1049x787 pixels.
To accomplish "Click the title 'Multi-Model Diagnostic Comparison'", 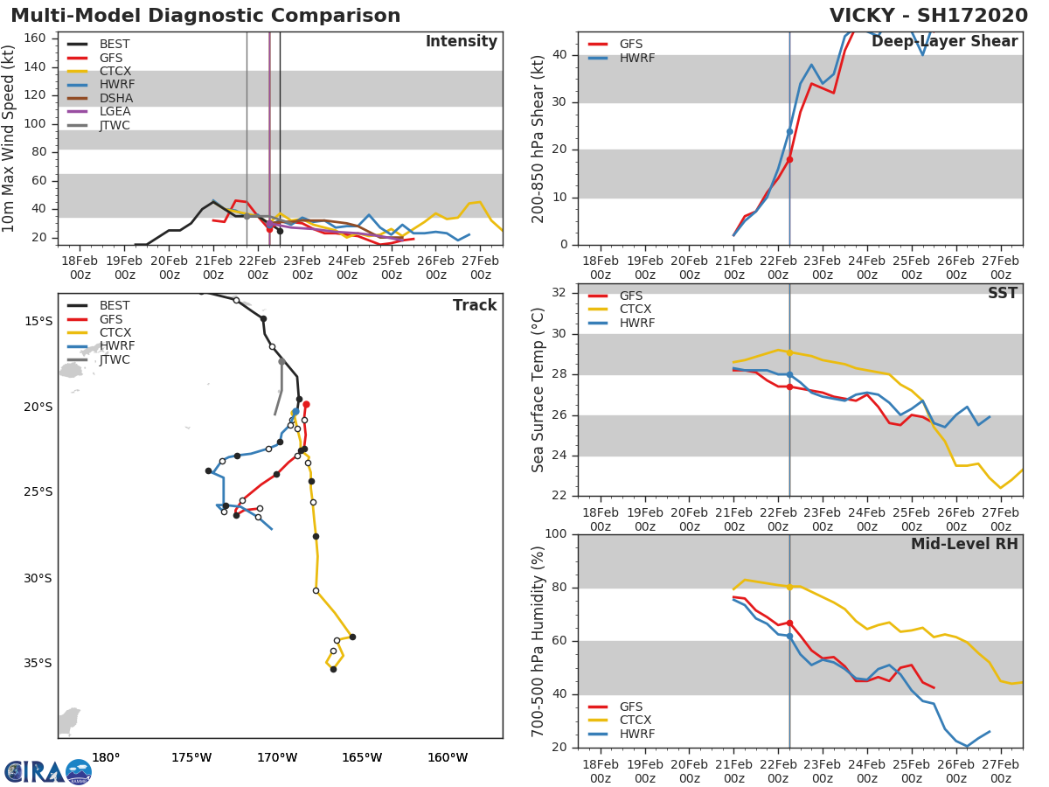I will pos(205,16).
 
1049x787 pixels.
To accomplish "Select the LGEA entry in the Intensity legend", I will pos(115,111).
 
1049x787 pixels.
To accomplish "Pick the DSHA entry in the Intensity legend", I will pos(115,98).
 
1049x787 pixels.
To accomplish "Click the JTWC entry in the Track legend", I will pos(115,359).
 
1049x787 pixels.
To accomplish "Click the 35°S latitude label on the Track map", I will pos(39,663).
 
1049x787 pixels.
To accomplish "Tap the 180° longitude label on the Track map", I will pos(106,757).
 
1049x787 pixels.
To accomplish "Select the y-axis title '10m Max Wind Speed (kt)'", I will pos(10,138).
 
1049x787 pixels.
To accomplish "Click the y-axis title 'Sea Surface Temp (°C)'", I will pos(538,390).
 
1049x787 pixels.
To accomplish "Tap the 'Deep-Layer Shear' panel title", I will pos(944,42).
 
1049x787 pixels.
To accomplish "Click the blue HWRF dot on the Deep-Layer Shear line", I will pos(789,131).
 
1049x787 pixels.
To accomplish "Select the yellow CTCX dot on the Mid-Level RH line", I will pos(789,588).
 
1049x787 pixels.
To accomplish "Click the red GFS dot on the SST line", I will pos(789,387).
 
